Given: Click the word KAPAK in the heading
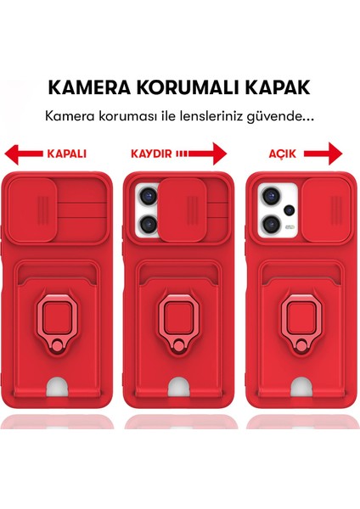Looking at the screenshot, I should click(278, 87).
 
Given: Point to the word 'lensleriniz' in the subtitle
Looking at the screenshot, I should click(211, 116).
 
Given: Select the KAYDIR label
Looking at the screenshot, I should click(150, 154).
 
